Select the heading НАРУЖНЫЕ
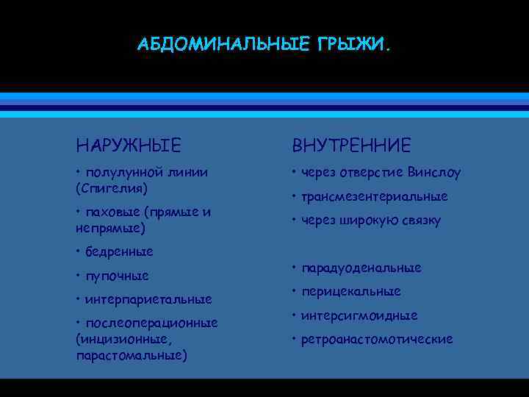coord(128,145)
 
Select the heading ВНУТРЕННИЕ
coord(351,145)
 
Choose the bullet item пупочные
coord(117,276)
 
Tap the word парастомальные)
coord(131,356)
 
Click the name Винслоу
coord(435,174)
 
